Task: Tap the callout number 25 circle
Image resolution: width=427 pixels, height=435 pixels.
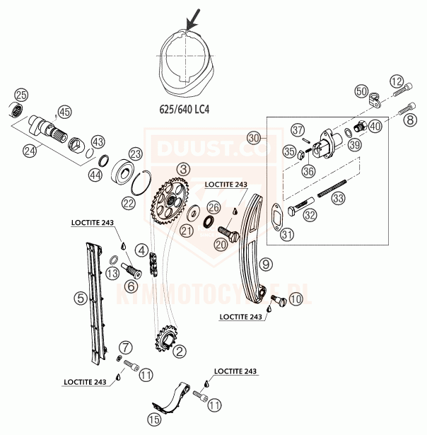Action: click(21, 95)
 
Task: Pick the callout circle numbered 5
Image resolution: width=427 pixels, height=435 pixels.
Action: click(81, 298)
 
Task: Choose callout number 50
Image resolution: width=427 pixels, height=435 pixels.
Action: click(362, 91)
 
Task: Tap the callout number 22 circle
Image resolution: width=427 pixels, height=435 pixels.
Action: click(127, 203)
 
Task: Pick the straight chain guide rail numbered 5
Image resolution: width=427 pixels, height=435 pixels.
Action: click(94, 301)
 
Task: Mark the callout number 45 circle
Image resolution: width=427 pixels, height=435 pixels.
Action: click(65, 112)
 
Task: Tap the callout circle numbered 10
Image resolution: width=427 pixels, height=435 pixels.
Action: click(295, 300)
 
